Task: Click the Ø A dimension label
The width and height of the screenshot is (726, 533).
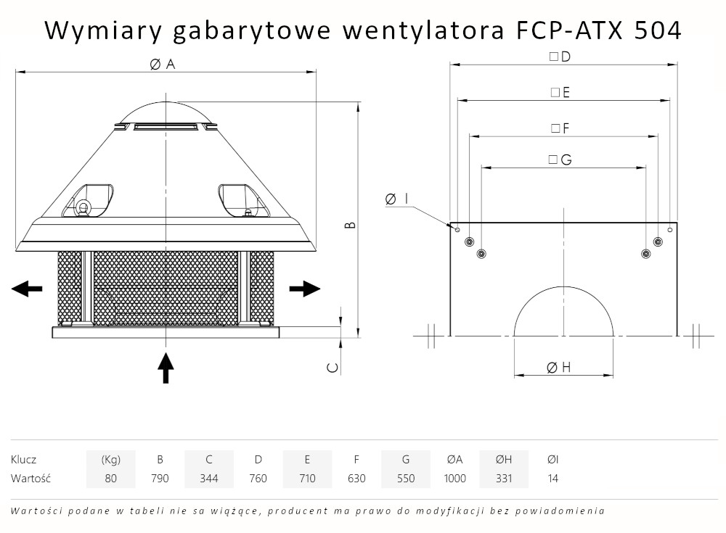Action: (x=163, y=64)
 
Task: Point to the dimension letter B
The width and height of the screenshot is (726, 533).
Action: (x=350, y=225)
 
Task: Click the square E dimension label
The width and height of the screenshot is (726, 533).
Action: (x=560, y=92)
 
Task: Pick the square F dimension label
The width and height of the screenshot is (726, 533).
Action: (x=560, y=128)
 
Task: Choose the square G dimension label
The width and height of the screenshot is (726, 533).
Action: (x=560, y=160)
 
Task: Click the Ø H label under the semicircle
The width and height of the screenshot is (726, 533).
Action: (x=558, y=368)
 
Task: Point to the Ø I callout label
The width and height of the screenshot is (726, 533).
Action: (x=396, y=199)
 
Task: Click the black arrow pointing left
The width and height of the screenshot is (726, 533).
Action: (x=27, y=289)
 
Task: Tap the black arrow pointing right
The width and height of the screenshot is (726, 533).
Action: (x=305, y=289)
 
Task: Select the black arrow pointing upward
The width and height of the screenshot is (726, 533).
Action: (x=166, y=368)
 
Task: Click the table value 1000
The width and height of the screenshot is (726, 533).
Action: (x=455, y=479)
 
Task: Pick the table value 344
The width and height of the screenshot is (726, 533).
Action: (x=209, y=479)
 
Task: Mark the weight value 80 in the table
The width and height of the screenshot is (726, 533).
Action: (x=110, y=479)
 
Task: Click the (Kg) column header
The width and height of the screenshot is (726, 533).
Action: (x=110, y=459)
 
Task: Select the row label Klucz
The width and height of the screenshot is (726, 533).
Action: (x=24, y=459)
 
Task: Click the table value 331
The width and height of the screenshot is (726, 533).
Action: (x=504, y=479)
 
